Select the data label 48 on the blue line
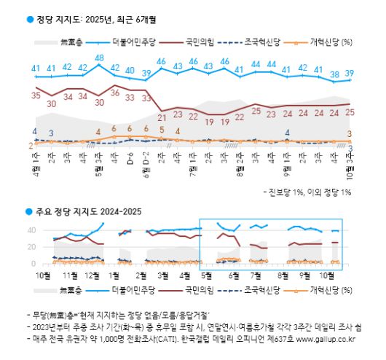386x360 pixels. click(x=98, y=58)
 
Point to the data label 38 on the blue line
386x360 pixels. click(x=335, y=74)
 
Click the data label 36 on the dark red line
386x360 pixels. click(x=114, y=93)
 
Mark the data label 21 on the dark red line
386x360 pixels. click(x=162, y=116)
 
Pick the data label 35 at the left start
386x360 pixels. click(x=35, y=95)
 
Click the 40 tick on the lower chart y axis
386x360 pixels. click(x=31, y=230)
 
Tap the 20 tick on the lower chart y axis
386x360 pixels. click(x=31, y=247)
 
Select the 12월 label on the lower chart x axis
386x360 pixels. click(x=92, y=276)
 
